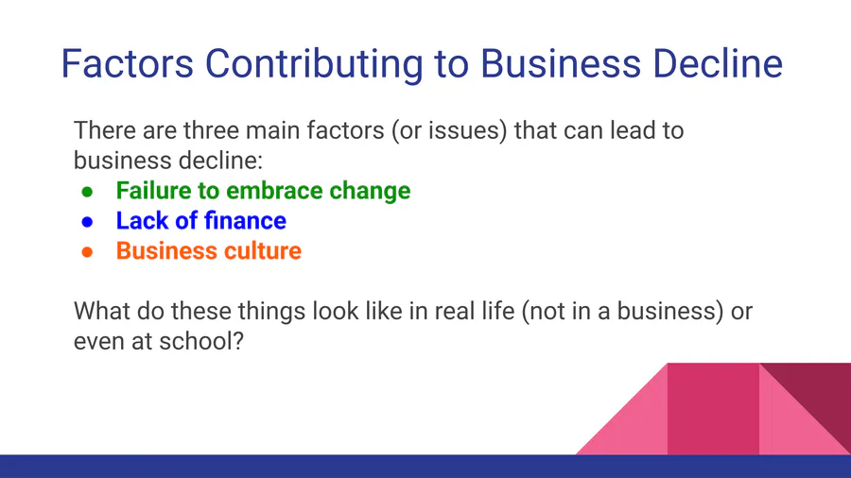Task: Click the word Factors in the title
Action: (127, 64)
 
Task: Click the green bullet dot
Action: (87, 192)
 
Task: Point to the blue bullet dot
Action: (87, 222)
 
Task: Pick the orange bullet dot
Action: (87, 252)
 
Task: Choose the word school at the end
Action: (201, 341)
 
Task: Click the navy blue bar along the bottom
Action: (425, 466)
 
